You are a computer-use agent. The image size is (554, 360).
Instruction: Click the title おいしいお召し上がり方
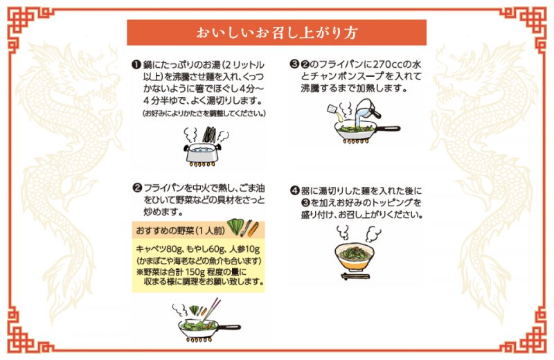277,33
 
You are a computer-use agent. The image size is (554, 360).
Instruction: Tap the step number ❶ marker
137,63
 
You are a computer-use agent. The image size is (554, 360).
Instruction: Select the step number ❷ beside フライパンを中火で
137,188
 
